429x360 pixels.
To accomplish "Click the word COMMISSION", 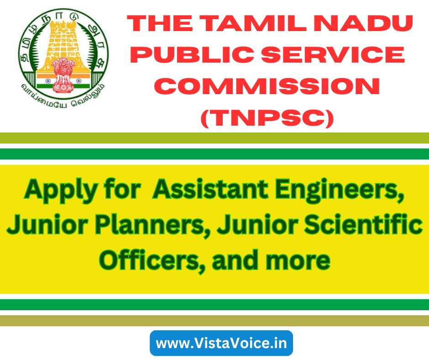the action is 269,86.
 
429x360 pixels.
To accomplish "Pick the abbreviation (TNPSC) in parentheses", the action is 267,118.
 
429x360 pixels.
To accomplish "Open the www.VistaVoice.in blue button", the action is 221,343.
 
